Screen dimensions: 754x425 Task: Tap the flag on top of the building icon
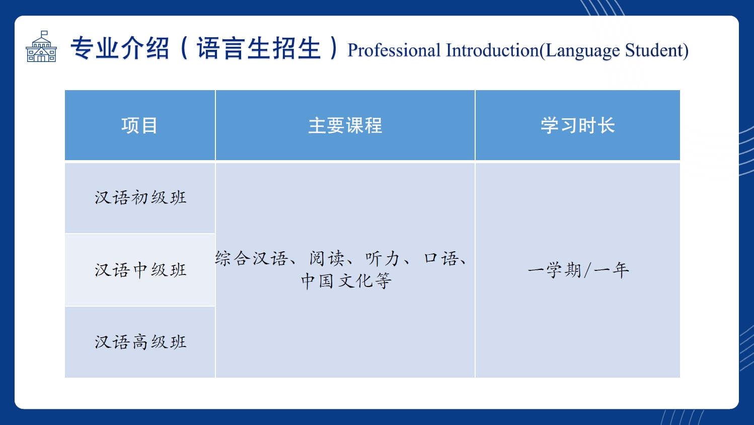tap(44, 33)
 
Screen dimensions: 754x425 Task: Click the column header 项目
tap(139, 125)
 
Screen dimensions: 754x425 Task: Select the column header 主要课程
tap(345, 125)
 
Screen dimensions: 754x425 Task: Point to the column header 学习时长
tap(578, 125)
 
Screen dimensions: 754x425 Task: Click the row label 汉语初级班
tap(140, 197)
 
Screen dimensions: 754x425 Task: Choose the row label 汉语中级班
tap(140, 270)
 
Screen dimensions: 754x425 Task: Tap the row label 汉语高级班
tap(140, 342)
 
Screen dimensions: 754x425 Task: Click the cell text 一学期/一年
tap(578, 270)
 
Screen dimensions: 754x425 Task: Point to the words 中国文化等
tap(346, 280)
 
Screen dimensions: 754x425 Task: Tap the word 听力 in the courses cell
tap(383, 258)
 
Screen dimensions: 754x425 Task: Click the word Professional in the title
tap(394, 50)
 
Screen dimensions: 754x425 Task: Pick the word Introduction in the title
tap(492, 50)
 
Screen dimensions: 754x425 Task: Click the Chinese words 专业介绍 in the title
tap(119, 48)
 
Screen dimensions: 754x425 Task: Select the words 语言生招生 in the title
tap(259, 48)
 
